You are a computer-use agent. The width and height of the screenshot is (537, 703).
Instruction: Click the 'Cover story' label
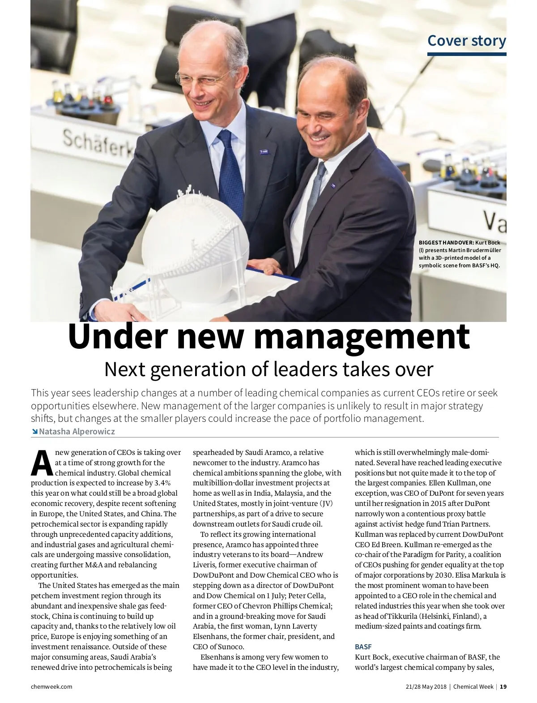[x=466, y=41]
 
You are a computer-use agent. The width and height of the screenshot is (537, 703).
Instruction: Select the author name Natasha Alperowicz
[x=77, y=432]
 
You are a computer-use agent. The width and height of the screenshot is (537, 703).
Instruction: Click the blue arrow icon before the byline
[x=34, y=432]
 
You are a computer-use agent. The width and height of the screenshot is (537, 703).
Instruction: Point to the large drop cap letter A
[x=42, y=463]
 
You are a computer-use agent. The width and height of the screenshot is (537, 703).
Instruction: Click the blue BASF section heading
[x=363, y=647]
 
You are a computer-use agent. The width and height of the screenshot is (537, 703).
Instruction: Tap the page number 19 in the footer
[x=503, y=686]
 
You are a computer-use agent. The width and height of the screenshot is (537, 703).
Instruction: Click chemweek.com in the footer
[x=51, y=686]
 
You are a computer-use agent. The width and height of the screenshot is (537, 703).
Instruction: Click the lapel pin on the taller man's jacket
[x=264, y=152]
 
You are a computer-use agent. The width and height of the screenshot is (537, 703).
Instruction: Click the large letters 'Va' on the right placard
[x=494, y=221]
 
